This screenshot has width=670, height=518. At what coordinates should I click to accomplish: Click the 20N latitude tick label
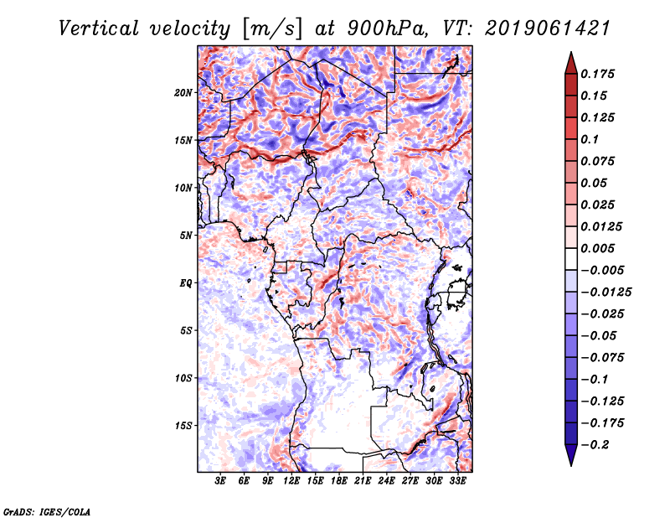(x=183, y=93)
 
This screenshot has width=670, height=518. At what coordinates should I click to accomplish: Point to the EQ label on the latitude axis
(x=186, y=283)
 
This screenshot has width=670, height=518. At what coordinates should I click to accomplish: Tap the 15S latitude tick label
(x=183, y=426)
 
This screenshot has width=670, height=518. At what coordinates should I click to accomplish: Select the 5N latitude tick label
(x=186, y=236)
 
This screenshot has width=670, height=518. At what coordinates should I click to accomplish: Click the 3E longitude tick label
(x=220, y=480)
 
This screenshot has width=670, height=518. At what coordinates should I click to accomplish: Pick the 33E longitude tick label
(x=457, y=480)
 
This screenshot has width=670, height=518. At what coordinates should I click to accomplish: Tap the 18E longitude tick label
(x=339, y=480)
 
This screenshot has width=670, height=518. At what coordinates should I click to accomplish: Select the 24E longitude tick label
(x=386, y=480)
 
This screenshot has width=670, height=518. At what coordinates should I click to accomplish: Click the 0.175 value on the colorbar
(x=597, y=74)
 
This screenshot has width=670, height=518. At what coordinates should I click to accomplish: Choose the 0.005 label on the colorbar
(x=597, y=248)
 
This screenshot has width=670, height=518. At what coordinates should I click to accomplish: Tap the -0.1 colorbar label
(x=595, y=380)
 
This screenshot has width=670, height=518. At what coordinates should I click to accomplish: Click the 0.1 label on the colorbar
(x=590, y=139)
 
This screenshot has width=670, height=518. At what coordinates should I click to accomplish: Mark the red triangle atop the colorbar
(x=571, y=63)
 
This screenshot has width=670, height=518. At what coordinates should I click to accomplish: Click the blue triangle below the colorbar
(x=571, y=455)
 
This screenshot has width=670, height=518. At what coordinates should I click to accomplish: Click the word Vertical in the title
(x=99, y=28)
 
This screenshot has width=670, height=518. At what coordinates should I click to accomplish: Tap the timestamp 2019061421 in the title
(x=548, y=28)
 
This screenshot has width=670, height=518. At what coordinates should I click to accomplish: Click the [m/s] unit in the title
(x=272, y=29)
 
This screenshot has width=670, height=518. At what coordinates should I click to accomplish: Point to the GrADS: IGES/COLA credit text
(x=47, y=512)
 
